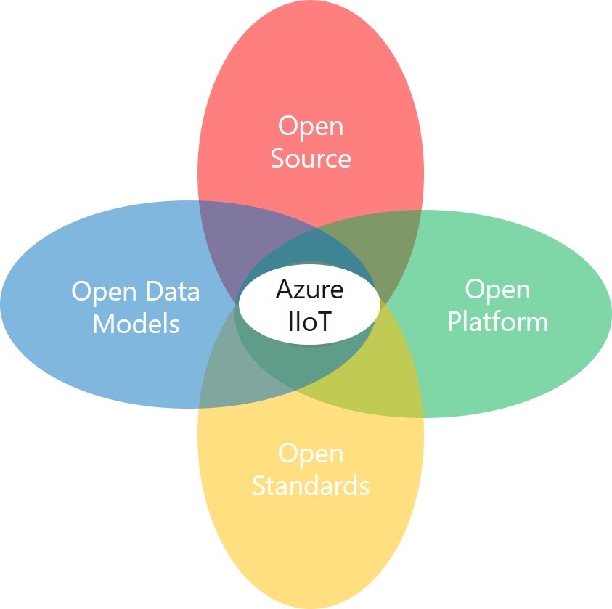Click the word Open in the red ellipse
311,126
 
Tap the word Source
311,158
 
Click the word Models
136,323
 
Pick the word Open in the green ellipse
497,290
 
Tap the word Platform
497,321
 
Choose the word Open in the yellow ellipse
311,454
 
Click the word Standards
311,486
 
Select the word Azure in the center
309,290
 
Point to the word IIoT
309,321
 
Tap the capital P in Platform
454,321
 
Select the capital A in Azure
284,290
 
